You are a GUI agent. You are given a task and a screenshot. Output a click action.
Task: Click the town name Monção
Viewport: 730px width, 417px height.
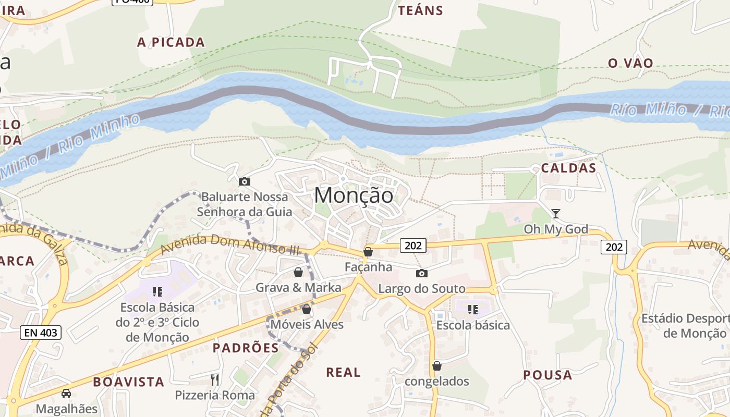click(x=354, y=195)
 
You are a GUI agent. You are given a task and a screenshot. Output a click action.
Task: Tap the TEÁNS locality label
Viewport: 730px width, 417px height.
click(x=420, y=10)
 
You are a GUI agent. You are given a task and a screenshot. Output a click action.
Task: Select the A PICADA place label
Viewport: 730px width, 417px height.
click(x=171, y=42)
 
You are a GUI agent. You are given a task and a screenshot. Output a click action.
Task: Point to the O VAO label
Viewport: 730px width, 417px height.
click(x=630, y=63)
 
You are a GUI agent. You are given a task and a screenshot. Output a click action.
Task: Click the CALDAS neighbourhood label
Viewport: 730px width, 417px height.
click(x=568, y=168)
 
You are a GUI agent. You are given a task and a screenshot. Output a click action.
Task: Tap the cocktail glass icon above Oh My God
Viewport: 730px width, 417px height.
click(x=556, y=213)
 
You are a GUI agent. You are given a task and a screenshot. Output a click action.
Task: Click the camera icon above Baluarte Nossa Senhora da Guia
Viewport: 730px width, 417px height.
click(x=244, y=181)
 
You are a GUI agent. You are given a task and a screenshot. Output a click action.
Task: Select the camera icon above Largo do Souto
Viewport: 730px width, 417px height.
click(x=421, y=273)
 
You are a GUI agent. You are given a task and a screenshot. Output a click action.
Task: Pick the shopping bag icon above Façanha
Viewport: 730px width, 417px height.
click(x=368, y=252)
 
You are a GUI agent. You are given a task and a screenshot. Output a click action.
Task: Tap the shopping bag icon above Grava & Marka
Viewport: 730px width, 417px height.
click(x=298, y=272)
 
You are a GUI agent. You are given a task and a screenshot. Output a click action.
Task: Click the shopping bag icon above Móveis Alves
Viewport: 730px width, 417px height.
click(x=307, y=309)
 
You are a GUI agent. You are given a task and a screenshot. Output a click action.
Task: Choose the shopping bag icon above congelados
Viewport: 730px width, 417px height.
click(x=437, y=366)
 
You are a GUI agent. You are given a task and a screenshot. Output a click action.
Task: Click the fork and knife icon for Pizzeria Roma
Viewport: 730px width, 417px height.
click(x=215, y=379)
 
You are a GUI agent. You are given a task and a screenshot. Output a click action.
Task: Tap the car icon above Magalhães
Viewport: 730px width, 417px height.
click(x=66, y=393)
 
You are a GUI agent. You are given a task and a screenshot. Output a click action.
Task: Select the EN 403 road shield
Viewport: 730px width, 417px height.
click(x=41, y=332)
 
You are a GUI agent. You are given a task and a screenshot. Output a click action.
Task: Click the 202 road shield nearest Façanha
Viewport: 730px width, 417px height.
click(x=413, y=245)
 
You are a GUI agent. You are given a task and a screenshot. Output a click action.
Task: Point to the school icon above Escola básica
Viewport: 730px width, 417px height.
click(x=473, y=310)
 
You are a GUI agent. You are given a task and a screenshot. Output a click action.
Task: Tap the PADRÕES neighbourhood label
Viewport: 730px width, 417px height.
click(x=246, y=348)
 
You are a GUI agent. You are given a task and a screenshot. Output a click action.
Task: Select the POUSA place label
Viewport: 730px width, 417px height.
click(x=547, y=375)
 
